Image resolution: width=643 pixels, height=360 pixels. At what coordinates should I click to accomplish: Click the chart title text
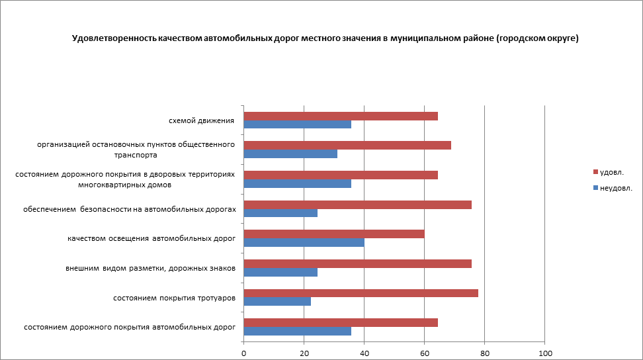pyautogui.click(x=325, y=39)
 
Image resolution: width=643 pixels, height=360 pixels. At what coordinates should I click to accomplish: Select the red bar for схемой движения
pyautogui.click(x=341, y=116)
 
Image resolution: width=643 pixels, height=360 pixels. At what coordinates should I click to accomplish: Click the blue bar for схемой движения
pyautogui.click(x=297, y=124)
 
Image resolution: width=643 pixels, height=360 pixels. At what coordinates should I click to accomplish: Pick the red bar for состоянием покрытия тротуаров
pyautogui.click(x=361, y=293)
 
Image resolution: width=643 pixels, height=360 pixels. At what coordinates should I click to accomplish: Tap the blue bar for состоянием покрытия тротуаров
pyautogui.click(x=277, y=302)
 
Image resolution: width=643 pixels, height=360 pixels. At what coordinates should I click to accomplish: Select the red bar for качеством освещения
pyautogui.click(x=334, y=234)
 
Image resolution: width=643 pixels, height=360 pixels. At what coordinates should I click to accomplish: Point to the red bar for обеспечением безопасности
pyautogui.click(x=357, y=204)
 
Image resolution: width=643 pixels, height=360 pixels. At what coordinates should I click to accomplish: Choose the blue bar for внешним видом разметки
pyautogui.click(x=280, y=272)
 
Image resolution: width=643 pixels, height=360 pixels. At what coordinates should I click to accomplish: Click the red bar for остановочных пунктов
pyautogui.click(x=347, y=146)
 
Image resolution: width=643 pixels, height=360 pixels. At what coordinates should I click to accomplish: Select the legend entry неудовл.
pyautogui.click(x=615, y=188)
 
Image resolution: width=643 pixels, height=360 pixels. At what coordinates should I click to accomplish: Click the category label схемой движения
pyautogui.click(x=201, y=120)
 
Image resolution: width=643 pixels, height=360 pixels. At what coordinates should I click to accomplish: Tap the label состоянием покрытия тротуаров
pyautogui.click(x=174, y=298)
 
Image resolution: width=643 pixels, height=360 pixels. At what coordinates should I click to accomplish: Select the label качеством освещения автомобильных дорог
pyautogui.click(x=151, y=238)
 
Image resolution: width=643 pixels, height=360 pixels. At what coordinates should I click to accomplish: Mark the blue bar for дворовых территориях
pyautogui.click(x=297, y=183)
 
